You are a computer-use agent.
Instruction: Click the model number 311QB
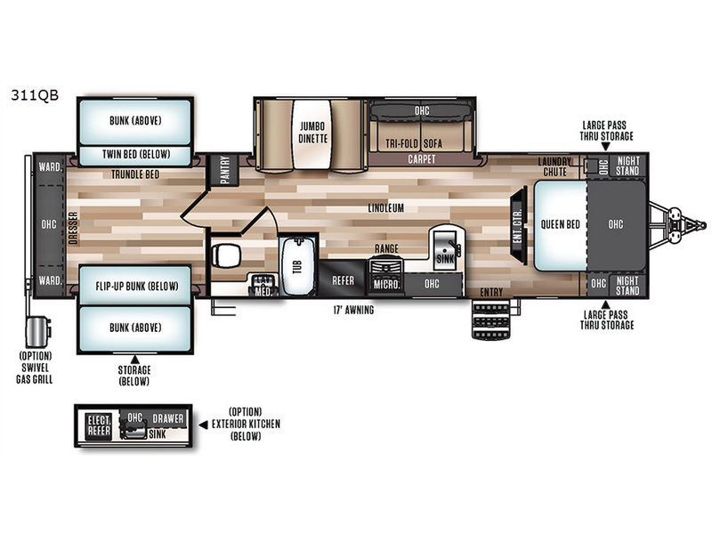tap(35, 95)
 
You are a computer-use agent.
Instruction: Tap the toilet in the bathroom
tap(225, 255)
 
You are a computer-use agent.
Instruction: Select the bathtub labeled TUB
tap(297, 266)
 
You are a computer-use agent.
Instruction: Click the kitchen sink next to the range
tap(445, 248)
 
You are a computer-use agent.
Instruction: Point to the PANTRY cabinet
tap(224, 170)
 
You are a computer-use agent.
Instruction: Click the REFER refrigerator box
tap(343, 280)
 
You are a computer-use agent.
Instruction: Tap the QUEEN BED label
tap(561, 224)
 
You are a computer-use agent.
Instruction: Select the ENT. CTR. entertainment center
tap(519, 225)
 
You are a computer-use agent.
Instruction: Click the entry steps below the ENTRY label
tap(491, 320)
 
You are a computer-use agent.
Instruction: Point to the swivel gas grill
tap(37, 332)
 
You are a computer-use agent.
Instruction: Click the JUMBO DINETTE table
tap(312, 134)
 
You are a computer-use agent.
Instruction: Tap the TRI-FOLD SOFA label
tap(414, 143)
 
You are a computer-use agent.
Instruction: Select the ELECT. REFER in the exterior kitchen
tap(99, 425)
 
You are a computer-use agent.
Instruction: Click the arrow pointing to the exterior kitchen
tap(204, 425)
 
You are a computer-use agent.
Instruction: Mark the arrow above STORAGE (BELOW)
tap(134, 360)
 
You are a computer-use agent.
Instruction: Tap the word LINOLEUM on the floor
tap(386, 208)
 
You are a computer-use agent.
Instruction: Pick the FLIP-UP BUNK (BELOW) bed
tap(135, 286)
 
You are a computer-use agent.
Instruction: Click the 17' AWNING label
tap(353, 310)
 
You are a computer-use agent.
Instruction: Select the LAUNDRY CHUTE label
tap(554, 166)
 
